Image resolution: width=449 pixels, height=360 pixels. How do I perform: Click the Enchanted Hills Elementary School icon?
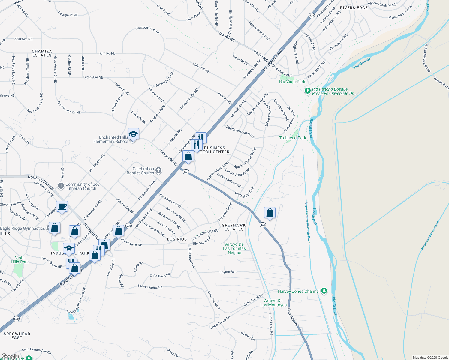pos(133,134)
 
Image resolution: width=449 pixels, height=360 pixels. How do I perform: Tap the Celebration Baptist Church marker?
pos(158,171)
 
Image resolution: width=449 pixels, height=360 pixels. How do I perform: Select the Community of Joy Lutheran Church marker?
pos(61,186)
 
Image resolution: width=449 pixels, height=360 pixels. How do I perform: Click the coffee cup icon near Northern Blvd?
pos(62,206)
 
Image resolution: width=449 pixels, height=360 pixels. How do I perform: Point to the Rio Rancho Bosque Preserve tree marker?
pos(307,91)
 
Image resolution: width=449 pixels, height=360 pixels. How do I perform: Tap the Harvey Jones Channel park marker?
pos(324,291)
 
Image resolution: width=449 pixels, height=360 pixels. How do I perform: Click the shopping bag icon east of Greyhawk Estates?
pos(270,213)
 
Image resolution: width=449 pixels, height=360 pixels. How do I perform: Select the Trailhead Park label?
pos(292,138)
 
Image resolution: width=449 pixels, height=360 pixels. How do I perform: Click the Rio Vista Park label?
pos(292,82)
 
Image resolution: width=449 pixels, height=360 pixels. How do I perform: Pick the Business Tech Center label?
pos(215,150)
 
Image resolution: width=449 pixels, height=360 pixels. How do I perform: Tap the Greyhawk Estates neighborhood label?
pos(234,227)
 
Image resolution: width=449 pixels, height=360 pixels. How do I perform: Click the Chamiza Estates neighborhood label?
pos(42,53)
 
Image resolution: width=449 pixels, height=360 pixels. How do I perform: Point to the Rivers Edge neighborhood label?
pos(354,8)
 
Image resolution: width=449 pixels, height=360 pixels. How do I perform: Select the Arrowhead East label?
pos(17,336)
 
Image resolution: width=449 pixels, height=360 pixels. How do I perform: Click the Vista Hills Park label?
pos(20,260)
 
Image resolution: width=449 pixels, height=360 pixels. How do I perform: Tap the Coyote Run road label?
pos(228,272)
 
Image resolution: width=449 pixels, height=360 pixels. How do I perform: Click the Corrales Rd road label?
pos(293,317)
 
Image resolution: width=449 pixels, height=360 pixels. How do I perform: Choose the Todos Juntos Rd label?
pos(150,287)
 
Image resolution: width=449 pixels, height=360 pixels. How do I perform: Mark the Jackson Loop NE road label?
pos(148,30)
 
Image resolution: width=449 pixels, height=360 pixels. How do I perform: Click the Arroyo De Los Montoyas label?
pos(273,303)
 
